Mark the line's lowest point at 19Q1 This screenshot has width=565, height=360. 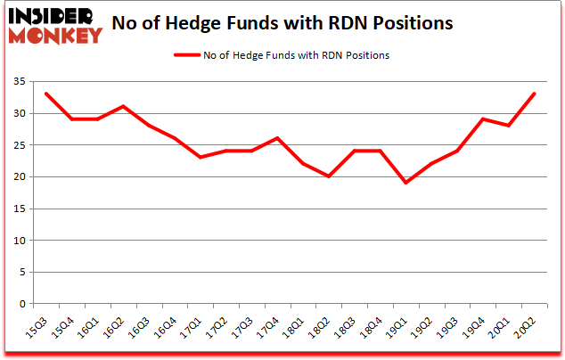[x=406, y=183]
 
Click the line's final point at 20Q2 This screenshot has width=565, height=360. [x=534, y=94]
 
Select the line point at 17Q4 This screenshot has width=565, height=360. [x=278, y=138]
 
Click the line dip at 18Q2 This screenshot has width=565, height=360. [x=330, y=176]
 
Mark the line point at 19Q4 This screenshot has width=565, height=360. [x=483, y=119]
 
